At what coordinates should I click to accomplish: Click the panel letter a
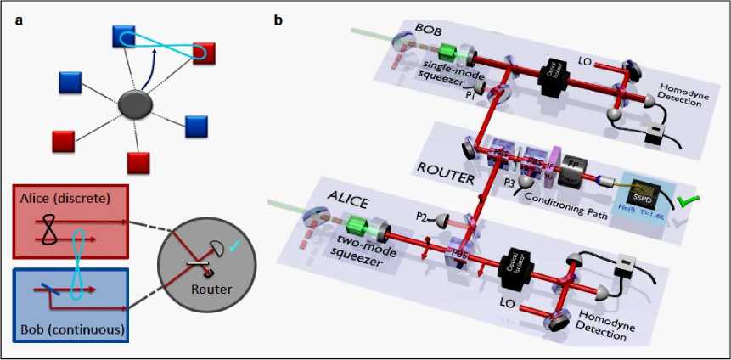[x=18, y=20]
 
